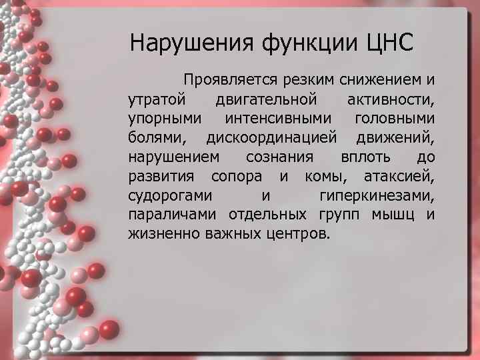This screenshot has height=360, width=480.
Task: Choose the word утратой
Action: click(x=152, y=100)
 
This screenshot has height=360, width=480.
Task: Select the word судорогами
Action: click(x=169, y=196)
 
